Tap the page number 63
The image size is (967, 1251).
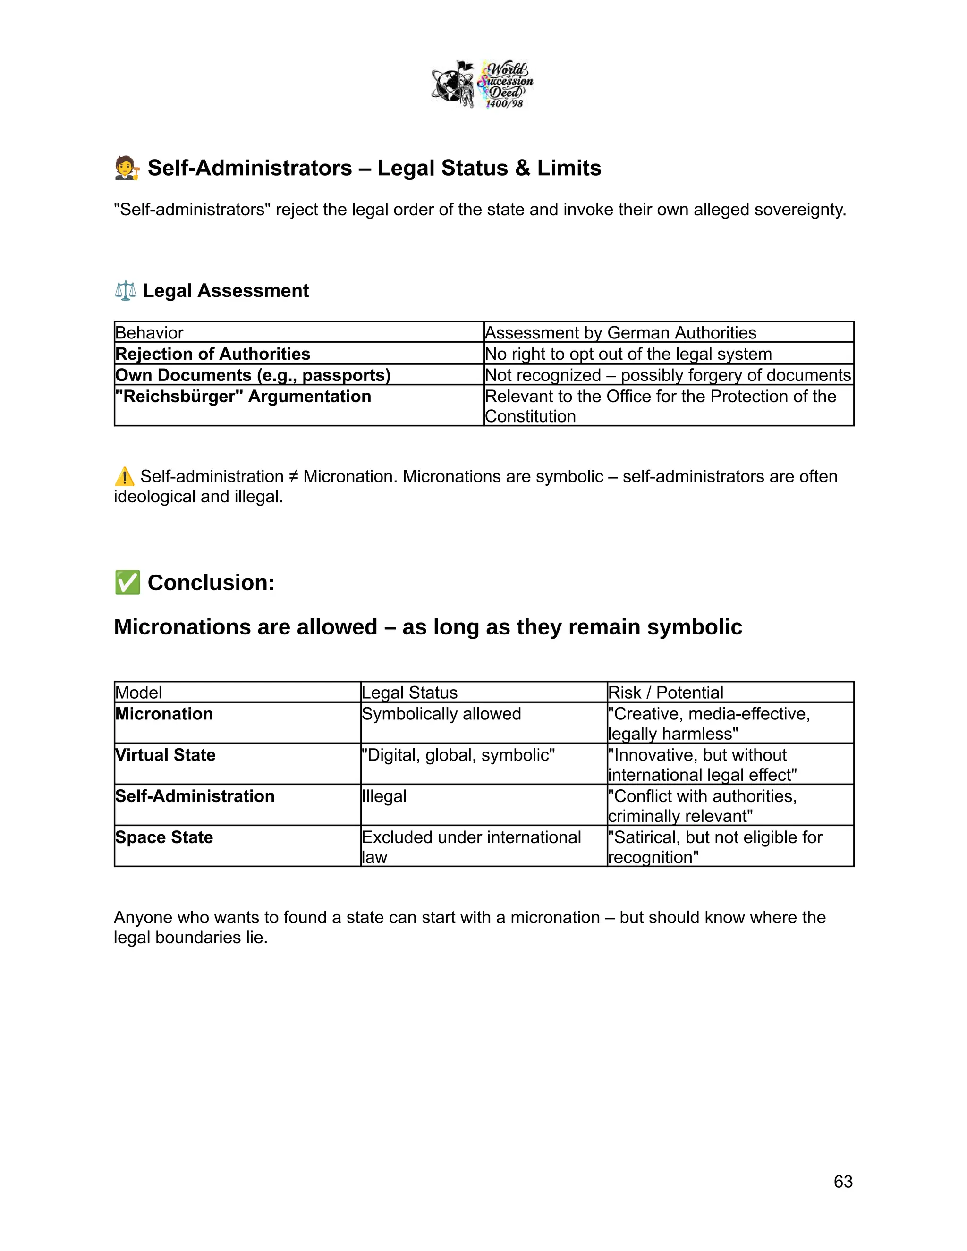pos(843,1181)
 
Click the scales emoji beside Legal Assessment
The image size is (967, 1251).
pos(126,290)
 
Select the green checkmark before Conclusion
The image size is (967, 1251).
pos(127,583)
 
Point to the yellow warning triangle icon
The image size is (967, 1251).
pos(124,477)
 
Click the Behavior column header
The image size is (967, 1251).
pos(150,333)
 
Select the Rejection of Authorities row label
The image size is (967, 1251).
pos(212,354)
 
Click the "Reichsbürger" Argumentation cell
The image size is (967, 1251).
pos(243,397)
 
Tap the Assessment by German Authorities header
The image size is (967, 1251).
pos(620,333)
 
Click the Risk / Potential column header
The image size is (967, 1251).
pos(665,693)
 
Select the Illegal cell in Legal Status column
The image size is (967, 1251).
pos(384,796)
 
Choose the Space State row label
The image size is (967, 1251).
pos(164,837)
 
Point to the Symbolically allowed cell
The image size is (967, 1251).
pos(441,714)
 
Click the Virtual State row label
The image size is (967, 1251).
pos(166,755)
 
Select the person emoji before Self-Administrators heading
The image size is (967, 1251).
pos(127,168)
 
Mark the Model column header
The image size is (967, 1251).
pos(139,693)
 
